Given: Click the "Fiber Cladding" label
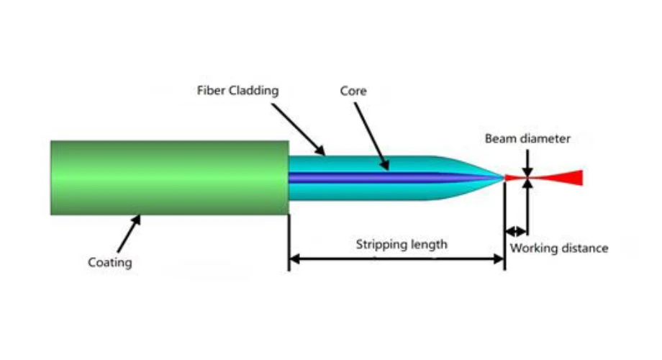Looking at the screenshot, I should point(237,91).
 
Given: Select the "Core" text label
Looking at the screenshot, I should point(353,91).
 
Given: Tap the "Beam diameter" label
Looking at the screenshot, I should point(527,138).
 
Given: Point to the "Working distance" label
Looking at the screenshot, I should point(559,248).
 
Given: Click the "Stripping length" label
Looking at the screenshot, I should point(402,245).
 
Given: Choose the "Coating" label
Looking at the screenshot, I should point(110,262).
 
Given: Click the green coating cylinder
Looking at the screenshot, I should point(169,178).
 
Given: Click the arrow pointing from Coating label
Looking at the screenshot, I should point(129,231).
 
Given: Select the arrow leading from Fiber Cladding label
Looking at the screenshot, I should point(298,128).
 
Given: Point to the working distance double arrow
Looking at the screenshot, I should point(516,231).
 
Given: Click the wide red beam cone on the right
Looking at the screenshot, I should point(565,177).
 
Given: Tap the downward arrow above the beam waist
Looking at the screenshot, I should point(527,161).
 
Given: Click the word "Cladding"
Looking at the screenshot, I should point(254,91).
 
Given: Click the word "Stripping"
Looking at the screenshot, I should point(378,245).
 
